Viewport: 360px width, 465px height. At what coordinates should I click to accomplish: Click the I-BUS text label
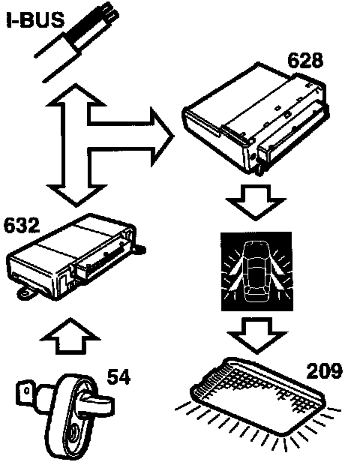35,19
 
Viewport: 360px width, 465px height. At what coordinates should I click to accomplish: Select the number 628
305,61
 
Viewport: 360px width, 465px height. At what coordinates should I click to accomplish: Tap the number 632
21,225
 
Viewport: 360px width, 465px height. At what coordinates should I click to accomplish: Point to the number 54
118,377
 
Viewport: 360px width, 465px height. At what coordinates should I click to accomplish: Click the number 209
324,371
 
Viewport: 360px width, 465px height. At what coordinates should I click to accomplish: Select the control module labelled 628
256,118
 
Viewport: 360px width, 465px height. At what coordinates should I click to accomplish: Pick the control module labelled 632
74,256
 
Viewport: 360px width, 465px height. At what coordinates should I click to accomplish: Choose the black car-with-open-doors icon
256,271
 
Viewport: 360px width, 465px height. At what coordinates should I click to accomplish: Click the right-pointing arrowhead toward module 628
162,136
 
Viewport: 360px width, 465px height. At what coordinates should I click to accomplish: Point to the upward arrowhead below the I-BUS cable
76,94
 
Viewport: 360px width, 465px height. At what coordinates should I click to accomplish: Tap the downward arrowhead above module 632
76,195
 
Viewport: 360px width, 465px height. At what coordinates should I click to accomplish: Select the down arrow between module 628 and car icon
256,202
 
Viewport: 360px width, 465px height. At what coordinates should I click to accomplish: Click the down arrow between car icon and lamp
256,335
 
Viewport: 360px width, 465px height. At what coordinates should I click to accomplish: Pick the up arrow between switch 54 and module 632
70,336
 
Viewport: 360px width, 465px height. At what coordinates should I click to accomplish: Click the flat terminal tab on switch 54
26,393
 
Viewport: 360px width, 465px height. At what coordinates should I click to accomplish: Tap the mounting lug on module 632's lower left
26,292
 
